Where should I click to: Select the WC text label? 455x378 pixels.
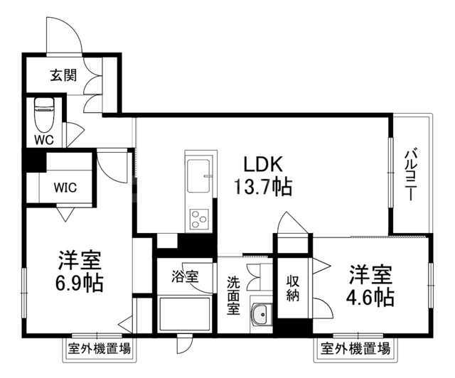click(44, 140)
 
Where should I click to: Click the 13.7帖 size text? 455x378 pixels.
click(263, 188)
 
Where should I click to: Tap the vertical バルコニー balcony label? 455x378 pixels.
click(411, 175)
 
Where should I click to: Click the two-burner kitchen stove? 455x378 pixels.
click(198, 217)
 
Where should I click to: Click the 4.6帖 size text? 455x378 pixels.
click(370, 296)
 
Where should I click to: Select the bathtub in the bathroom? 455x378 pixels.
click(184, 315)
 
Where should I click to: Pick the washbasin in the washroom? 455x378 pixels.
click(261, 313)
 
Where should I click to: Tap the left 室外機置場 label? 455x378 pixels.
click(100, 349)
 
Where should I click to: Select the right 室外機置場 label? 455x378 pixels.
click(355, 349)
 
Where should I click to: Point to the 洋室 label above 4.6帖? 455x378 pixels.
click(370, 274)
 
